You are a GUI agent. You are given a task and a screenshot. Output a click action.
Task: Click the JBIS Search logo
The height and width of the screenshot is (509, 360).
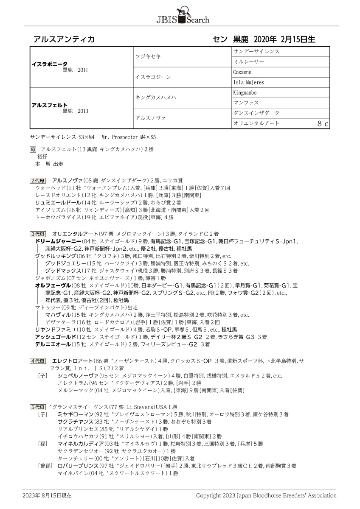(x=180, y=16)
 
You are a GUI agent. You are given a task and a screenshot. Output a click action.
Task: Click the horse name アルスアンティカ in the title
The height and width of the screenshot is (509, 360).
(x=64, y=39)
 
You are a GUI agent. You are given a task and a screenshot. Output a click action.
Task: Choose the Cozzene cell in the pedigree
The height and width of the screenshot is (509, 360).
(x=243, y=72)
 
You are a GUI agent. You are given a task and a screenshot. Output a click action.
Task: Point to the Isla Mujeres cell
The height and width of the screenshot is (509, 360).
(x=249, y=82)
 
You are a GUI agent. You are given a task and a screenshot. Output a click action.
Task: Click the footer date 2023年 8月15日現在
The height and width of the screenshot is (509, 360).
(x=47, y=495)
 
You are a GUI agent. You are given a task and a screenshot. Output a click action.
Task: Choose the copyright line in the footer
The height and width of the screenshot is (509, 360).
(x=266, y=495)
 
